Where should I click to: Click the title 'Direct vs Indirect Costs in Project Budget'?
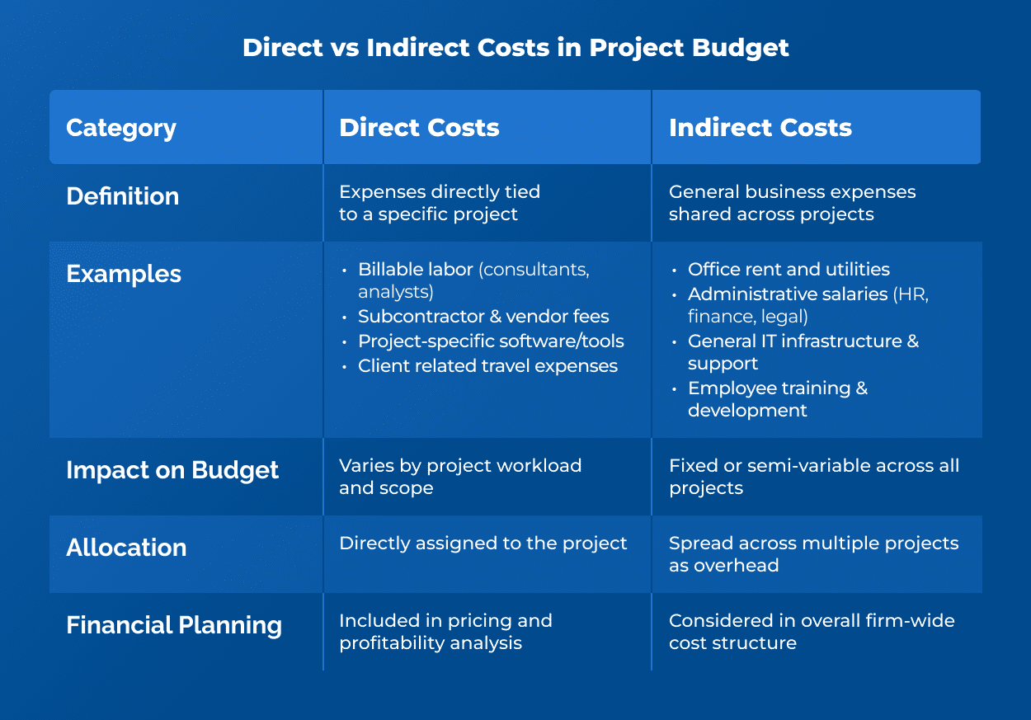pos(515,48)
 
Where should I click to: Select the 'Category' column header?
pos(121,129)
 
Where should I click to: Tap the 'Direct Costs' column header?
pos(419,128)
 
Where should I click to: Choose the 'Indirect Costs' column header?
pos(760,128)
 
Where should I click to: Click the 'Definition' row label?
pos(122,196)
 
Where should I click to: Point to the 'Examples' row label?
pos(124,274)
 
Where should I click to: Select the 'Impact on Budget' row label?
pos(172,470)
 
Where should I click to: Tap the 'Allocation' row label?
pos(126,548)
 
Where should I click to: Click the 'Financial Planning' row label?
pos(174,625)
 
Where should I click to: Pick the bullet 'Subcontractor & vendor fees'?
pos(483,317)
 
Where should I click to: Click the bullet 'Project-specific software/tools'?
pos(491,341)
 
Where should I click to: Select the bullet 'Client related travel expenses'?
pos(487,366)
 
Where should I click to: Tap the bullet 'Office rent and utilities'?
pos(789,270)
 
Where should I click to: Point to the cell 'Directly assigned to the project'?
pos(483,544)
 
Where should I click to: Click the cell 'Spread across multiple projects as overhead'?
pos(813,554)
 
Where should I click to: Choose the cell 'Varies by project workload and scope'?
pos(460,477)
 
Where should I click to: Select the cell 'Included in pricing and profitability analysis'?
pos(445,632)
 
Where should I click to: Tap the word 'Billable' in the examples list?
pos(392,270)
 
